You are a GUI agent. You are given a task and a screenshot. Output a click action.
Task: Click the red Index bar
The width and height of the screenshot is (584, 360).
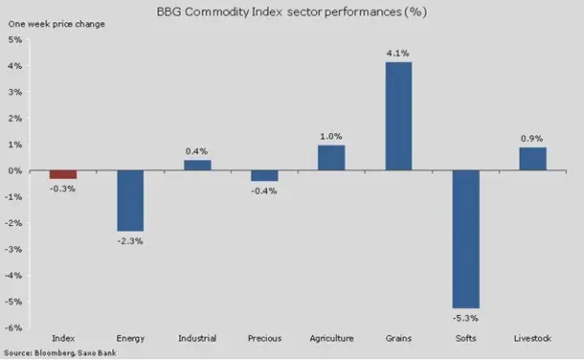(63, 174)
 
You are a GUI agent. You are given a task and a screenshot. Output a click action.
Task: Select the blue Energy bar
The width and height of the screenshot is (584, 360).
(130, 201)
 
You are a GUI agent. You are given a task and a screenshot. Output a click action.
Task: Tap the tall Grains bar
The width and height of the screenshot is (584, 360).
(398, 116)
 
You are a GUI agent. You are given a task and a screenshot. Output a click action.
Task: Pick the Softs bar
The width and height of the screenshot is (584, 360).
(466, 239)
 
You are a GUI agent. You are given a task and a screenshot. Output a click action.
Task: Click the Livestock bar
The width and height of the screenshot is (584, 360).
(533, 159)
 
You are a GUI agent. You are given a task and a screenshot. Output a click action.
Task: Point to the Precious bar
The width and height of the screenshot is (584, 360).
(264, 176)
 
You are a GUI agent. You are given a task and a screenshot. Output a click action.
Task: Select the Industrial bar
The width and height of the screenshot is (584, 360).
(197, 166)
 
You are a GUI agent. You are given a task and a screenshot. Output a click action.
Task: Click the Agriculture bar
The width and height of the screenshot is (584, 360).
(331, 158)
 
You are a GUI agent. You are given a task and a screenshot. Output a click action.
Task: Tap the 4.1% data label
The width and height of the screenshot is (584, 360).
(397, 54)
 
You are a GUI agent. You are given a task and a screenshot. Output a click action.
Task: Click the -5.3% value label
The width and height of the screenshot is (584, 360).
(465, 318)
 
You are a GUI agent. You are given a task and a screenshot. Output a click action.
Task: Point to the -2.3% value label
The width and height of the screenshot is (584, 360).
(130, 241)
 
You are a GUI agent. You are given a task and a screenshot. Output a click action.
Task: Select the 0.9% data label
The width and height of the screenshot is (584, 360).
(532, 139)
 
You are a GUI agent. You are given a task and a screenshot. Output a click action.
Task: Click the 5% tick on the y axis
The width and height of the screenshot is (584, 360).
(15, 39)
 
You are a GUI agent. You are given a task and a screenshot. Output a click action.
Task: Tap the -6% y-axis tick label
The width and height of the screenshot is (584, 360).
(13, 327)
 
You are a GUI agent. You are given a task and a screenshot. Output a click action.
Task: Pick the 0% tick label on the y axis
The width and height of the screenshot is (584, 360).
(15, 170)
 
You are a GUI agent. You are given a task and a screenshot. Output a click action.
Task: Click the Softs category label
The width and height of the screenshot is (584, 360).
(466, 338)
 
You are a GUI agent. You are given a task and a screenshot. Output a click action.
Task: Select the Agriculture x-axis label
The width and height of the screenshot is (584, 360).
(331, 338)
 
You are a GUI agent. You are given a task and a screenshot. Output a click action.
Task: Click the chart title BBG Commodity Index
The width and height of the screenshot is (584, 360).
(221, 11)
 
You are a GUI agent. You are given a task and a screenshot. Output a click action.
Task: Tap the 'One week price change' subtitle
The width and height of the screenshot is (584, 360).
(56, 24)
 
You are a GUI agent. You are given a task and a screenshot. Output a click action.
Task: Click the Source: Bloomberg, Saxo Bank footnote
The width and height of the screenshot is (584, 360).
(60, 352)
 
